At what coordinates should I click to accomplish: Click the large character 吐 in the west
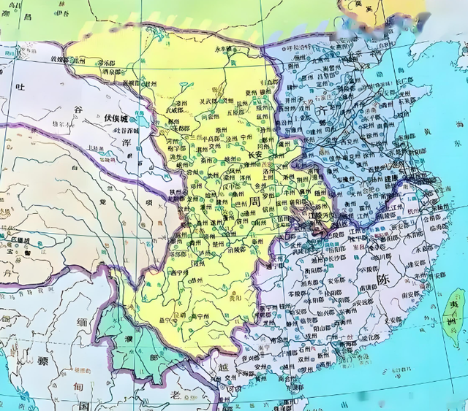pos(22,88)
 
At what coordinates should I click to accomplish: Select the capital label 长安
pos(256,155)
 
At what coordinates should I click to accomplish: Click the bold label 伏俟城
pos(116,117)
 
